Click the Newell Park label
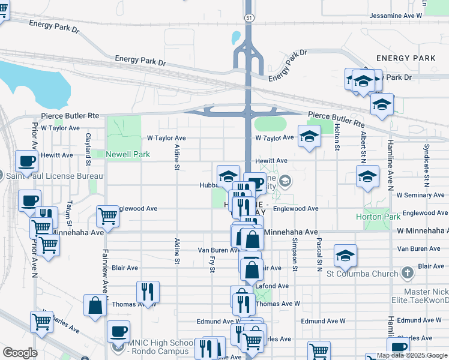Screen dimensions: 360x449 click(127, 154)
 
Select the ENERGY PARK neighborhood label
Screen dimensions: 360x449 click(405, 58)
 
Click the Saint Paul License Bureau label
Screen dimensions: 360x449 click(54, 176)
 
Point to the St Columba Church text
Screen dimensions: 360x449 click(362, 274)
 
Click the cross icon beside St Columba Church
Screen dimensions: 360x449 click(407, 274)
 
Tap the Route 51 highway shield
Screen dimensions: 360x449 click(249, 19)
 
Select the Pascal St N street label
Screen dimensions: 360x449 click(318, 254)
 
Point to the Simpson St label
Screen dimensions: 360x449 click(295, 253)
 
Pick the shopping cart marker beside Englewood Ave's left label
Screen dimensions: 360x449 click(108, 217)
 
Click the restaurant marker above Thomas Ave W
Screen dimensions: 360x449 click(148, 292)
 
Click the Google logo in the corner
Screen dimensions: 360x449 click(20, 352)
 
